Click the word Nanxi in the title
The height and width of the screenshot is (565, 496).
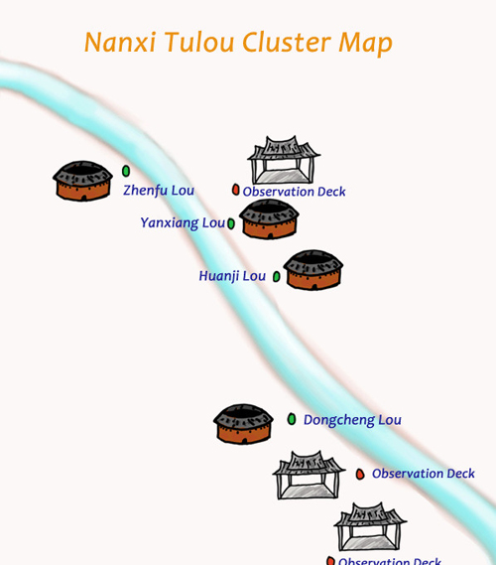[x=120, y=42]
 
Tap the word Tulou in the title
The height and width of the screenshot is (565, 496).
[x=199, y=42]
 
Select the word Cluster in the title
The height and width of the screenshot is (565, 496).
[x=286, y=42]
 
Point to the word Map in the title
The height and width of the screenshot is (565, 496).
[x=365, y=44]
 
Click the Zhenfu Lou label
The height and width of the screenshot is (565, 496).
[x=159, y=191]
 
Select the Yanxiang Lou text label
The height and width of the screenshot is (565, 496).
[x=183, y=223]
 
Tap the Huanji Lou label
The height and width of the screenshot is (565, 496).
[x=232, y=276]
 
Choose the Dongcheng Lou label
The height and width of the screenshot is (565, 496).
[x=352, y=420]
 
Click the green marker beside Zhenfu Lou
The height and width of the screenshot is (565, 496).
[x=126, y=171]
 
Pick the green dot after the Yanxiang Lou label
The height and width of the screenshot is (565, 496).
[x=231, y=223]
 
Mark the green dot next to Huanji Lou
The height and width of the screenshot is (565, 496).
[x=277, y=277]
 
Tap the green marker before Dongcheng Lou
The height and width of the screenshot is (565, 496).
[x=292, y=419]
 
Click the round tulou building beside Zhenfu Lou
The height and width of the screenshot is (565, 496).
[x=82, y=181]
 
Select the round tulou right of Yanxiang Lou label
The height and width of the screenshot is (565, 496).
[x=269, y=218]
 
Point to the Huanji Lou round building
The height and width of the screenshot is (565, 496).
[x=313, y=270]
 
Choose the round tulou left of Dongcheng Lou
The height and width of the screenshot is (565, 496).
[x=243, y=424]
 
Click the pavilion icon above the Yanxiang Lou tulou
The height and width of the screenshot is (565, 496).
[x=284, y=160]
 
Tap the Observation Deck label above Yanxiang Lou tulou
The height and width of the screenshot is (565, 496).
[x=294, y=192]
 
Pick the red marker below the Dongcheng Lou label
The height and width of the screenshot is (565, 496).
[x=360, y=474]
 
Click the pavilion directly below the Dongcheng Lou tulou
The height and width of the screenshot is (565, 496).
[x=309, y=475]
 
